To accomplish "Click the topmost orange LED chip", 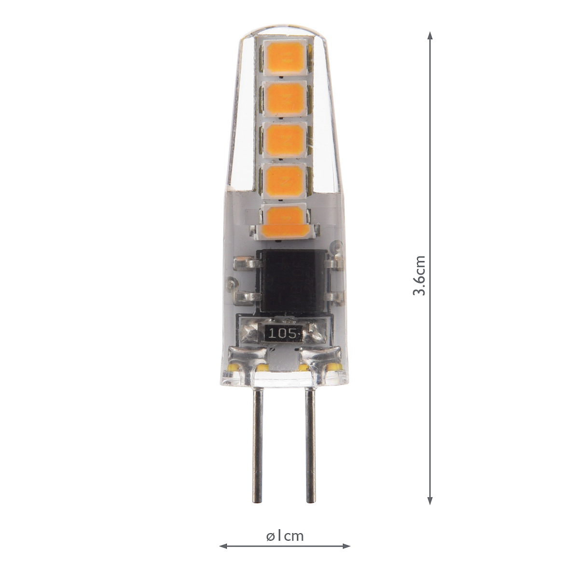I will (x=285, y=57).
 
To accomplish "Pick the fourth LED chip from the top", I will (x=285, y=179).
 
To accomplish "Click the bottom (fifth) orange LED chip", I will (x=285, y=220).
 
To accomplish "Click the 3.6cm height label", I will (x=419, y=276).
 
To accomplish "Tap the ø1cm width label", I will (x=285, y=536).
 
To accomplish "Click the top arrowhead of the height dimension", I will (x=430, y=36).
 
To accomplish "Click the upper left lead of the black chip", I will (x=247, y=263).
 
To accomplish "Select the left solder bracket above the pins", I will (x=248, y=359).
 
